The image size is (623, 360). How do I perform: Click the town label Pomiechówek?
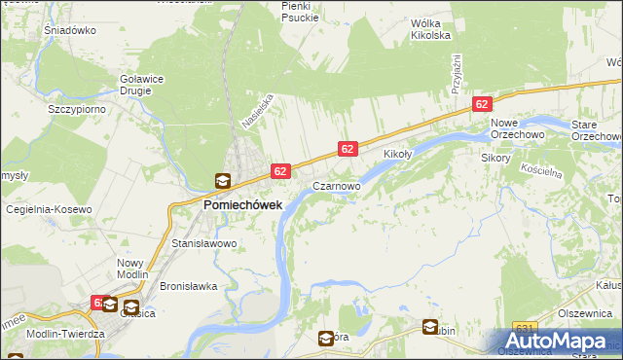pos(242,205)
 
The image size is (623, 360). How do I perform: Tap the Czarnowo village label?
pos(336,185)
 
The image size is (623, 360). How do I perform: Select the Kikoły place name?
pos(399,155)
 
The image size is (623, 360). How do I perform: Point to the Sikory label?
pos(496,156)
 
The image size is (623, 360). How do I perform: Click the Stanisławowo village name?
pos(204,243)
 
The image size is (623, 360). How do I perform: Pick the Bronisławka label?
pos(187,287)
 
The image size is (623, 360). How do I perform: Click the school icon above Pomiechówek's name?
pos(223,180)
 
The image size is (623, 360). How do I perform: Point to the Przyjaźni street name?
pos(455,74)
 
